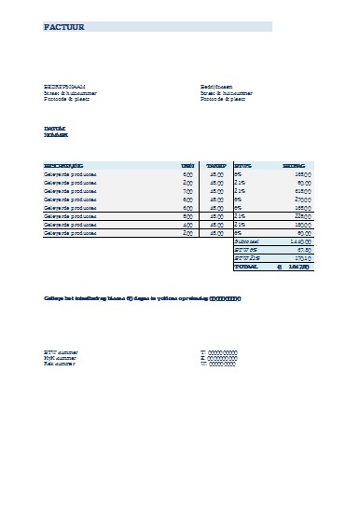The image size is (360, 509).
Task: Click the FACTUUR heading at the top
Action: pos(64,28)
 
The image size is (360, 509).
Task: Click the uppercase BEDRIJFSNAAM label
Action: pos(64,86)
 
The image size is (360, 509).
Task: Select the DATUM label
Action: pos(54,128)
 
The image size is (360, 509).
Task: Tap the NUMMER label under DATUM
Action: pos(56,135)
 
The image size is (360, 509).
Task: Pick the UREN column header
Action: pos(187,165)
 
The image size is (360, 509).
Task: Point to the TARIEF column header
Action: pos(216,165)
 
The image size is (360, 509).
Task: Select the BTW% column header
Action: pos(242,165)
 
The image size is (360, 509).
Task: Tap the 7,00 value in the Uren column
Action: pos(187,190)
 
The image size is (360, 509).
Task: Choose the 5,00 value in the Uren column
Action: pos(187,215)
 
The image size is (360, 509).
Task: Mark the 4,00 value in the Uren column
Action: pos(187,224)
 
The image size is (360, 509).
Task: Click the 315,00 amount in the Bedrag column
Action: pos(300,190)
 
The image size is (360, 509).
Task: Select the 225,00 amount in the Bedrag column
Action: pos(300,215)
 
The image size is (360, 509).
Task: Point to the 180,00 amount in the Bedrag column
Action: pos(300,224)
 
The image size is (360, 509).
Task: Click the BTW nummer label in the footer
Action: pos(62,351)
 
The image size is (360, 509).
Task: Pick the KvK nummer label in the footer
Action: pos(62,357)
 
